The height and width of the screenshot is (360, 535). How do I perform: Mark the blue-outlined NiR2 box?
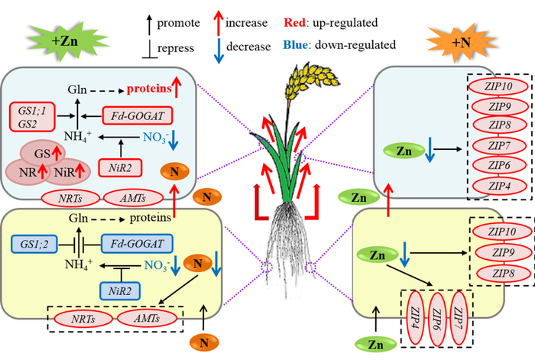[x=125, y=291]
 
